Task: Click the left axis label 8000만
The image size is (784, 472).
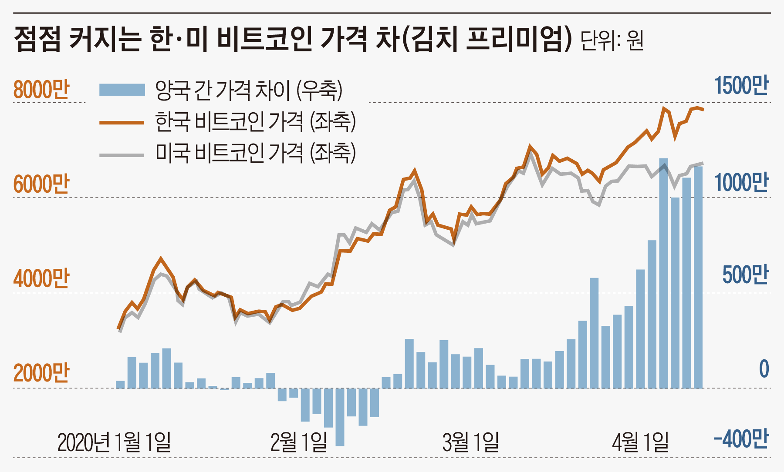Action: (41, 90)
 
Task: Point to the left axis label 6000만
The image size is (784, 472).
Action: (41, 184)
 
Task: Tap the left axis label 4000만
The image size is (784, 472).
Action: (41, 278)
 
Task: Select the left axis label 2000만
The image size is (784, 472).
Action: (41, 373)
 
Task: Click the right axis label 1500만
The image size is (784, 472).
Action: (741, 85)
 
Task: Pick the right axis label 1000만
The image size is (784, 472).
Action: (741, 182)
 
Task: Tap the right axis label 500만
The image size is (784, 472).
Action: (745, 275)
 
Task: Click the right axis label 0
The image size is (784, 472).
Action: (764, 369)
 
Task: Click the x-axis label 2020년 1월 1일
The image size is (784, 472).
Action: (114, 442)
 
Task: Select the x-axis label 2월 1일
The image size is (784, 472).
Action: (299, 442)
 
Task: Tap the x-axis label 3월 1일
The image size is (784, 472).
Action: (470, 442)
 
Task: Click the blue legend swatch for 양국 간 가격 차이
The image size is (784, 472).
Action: (122, 90)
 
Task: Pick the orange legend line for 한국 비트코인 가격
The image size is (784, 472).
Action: (122, 123)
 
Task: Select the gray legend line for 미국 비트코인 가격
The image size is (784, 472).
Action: (122, 155)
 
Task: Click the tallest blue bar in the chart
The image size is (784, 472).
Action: (663, 274)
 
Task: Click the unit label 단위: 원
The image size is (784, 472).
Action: (612, 41)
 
